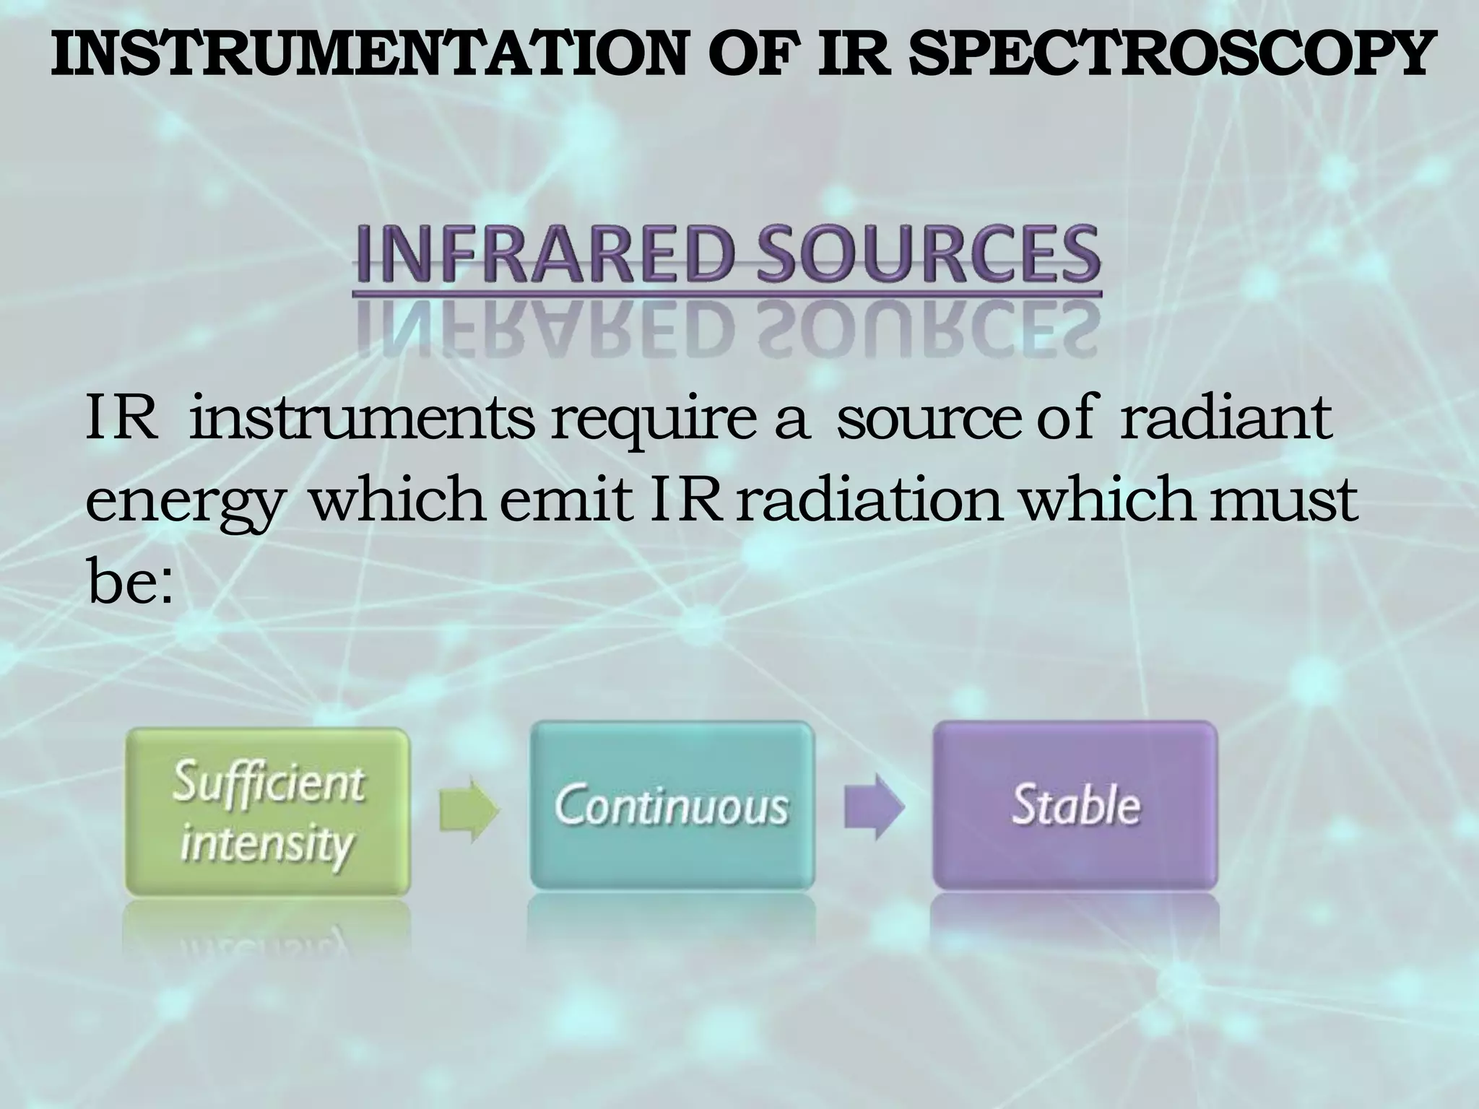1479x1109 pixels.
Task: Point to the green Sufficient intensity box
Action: click(x=268, y=813)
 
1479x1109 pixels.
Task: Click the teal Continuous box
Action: click(x=672, y=806)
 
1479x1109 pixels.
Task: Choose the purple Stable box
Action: click(x=1075, y=806)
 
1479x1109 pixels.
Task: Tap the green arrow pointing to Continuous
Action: click(x=469, y=809)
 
